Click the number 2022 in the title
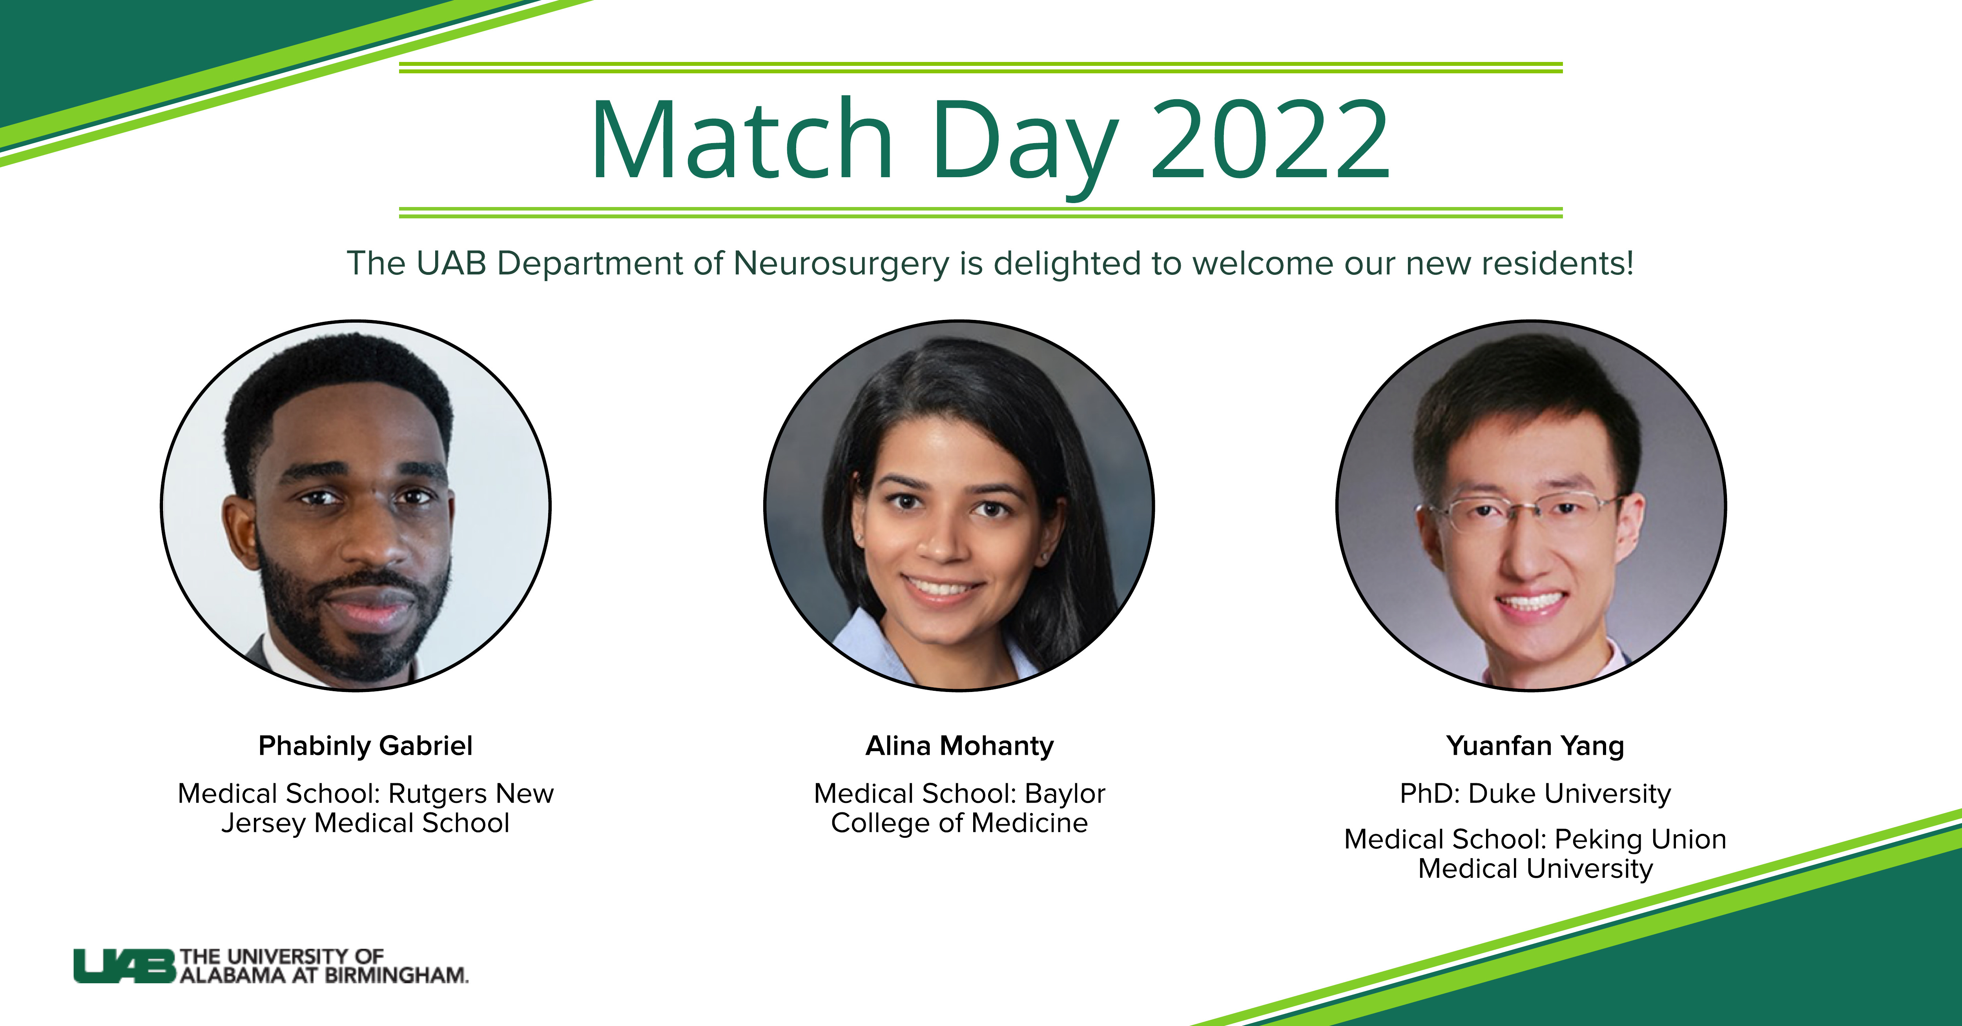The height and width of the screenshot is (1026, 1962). tap(1270, 142)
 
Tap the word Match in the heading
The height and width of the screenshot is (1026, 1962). tap(742, 142)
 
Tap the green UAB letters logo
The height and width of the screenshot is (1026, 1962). tap(124, 966)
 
